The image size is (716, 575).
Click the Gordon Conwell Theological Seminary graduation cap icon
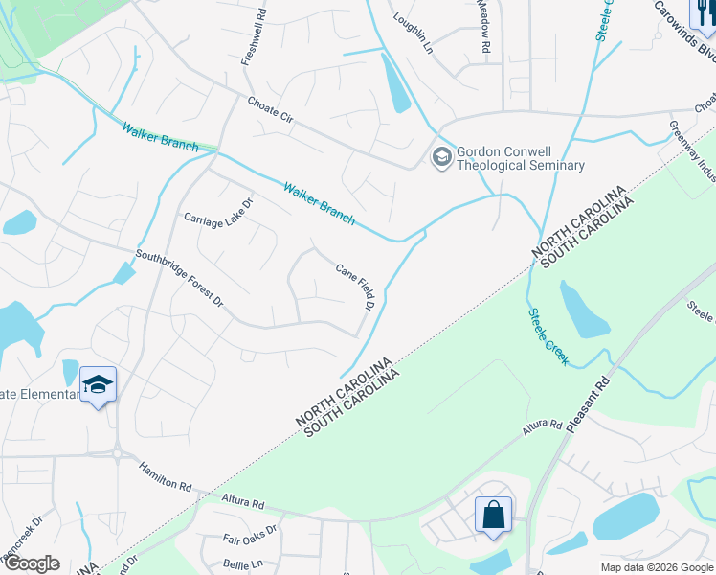(441, 157)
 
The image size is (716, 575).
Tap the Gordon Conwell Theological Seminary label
(520, 158)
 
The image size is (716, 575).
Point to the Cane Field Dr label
(353, 287)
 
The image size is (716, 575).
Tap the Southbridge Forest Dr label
(179, 279)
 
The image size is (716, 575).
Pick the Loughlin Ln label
(414, 32)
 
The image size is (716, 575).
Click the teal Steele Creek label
(548, 336)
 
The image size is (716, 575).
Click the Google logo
(32, 563)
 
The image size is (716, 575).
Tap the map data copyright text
(657, 567)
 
